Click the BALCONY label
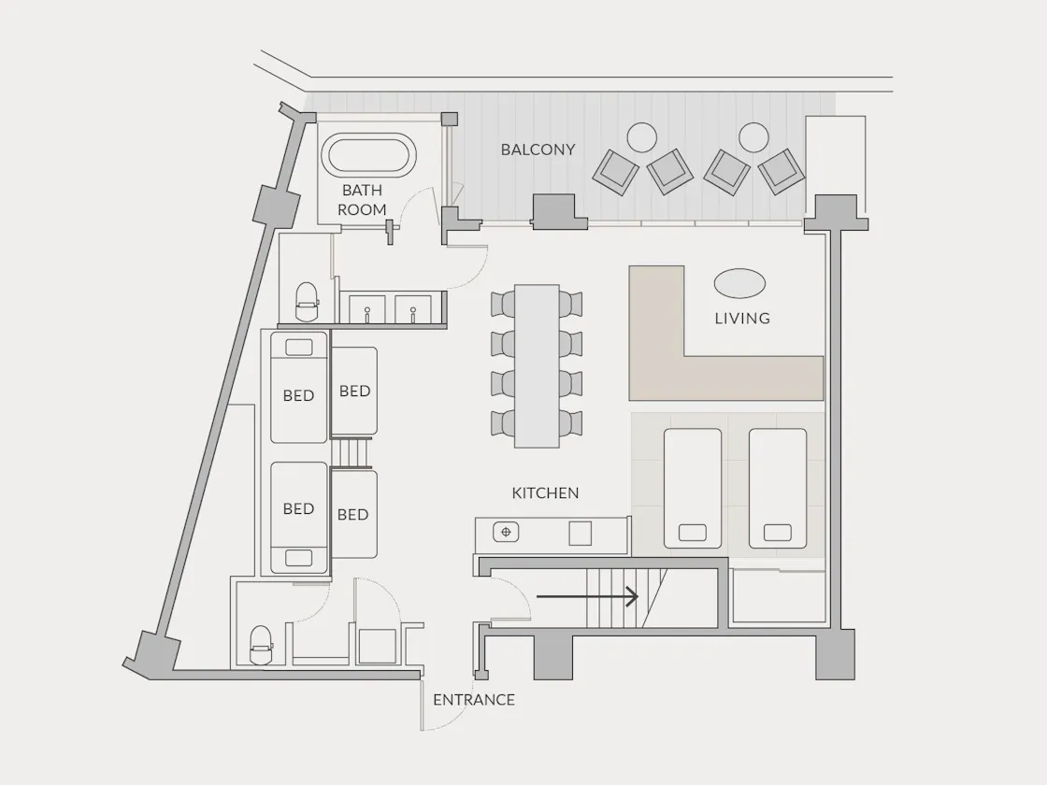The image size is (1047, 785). click(538, 150)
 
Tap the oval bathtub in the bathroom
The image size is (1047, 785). click(368, 155)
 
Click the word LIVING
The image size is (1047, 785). click(742, 319)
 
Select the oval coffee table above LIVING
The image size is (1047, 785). click(739, 284)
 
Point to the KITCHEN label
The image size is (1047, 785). click(545, 493)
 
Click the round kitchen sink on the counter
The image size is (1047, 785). click(506, 532)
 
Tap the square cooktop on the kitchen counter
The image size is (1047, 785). click(580, 534)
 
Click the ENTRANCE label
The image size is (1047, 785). click(473, 700)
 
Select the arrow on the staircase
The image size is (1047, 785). click(588, 597)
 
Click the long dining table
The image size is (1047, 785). click(537, 365)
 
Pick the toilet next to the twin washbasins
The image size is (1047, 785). click(308, 303)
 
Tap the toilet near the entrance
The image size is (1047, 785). click(261, 645)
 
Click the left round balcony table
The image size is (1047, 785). click(641, 137)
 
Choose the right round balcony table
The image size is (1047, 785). click(753, 137)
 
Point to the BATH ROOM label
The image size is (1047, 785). click(362, 200)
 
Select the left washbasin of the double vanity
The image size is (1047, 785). click(367, 309)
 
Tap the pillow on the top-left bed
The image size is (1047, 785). click(298, 347)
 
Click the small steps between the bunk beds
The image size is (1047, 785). click(351, 453)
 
